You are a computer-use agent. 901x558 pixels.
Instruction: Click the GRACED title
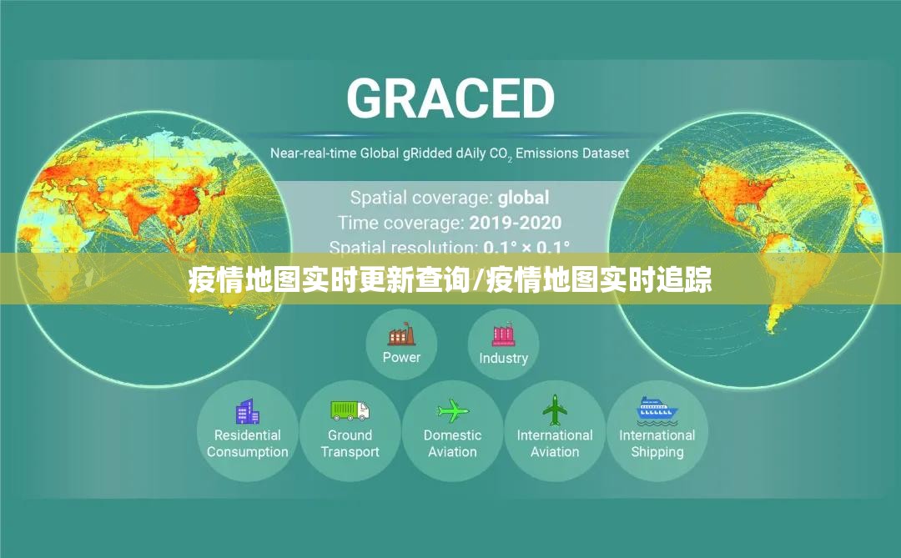[450, 98]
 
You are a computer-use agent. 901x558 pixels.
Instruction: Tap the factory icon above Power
[401, 335]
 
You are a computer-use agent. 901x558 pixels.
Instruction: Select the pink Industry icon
[503, 335]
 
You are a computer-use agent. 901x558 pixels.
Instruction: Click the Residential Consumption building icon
[247, 411]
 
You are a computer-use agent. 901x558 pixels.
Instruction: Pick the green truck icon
[350, 410]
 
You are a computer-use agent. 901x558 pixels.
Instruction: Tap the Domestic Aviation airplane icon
[453, 410]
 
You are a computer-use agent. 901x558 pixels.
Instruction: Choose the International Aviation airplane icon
[555, 410]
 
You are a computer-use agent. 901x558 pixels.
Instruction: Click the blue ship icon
[657, 410]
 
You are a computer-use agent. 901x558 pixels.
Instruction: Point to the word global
[523, 198]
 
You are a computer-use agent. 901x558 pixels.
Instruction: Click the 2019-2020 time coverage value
[515, 223]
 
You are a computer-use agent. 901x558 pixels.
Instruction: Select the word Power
[401, 357]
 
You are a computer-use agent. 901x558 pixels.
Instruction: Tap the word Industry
[503, 358]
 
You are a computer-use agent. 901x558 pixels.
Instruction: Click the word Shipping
[657, 452]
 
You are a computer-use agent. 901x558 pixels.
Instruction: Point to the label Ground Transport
[350, 444]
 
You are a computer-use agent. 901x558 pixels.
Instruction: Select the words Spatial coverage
[421, 198]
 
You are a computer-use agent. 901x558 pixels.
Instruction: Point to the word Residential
[247, 435]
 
